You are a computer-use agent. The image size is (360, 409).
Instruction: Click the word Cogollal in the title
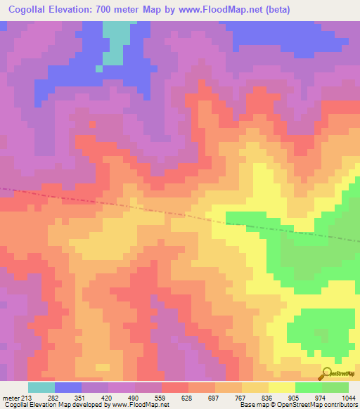coord(31,10)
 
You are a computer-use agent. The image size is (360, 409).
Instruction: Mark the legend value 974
coord(320,398)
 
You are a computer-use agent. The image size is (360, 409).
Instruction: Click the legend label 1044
coord(348,398)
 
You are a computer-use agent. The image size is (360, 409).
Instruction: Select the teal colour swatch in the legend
coord(41,387)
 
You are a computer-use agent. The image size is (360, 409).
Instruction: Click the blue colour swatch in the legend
coord(68,387)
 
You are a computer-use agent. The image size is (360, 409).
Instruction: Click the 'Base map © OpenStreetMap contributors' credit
coord(297,405)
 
